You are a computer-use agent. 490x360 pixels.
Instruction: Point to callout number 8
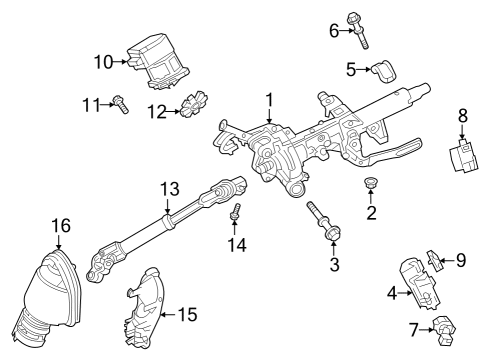tap(463, 117)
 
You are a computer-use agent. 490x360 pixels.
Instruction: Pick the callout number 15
tap(186, 314)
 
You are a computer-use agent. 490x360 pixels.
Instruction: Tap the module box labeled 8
tap(463, 158)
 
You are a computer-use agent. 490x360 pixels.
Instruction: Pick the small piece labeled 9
tap(433, 258)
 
